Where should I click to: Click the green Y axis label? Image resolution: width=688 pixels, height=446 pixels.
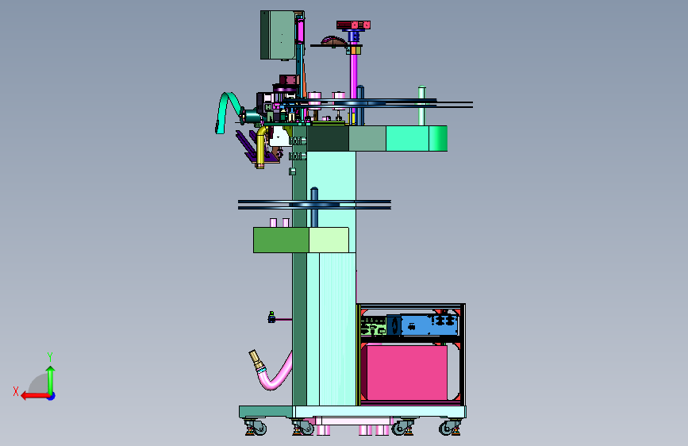(x=50, y=357)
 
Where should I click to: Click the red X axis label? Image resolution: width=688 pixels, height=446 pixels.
(x=16, y=391)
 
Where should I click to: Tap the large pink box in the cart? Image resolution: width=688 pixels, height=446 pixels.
(x=406, y=373)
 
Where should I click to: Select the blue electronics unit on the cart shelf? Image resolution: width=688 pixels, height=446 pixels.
(x=429, y=325)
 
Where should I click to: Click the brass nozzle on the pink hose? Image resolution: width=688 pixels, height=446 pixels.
(x=256, y=360)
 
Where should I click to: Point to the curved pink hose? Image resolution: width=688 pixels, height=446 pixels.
(x=275, y=378)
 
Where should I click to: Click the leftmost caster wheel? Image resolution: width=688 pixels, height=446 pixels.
(x=256, y=428)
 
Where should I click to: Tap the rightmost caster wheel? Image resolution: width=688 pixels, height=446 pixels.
(x=449, y=428)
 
